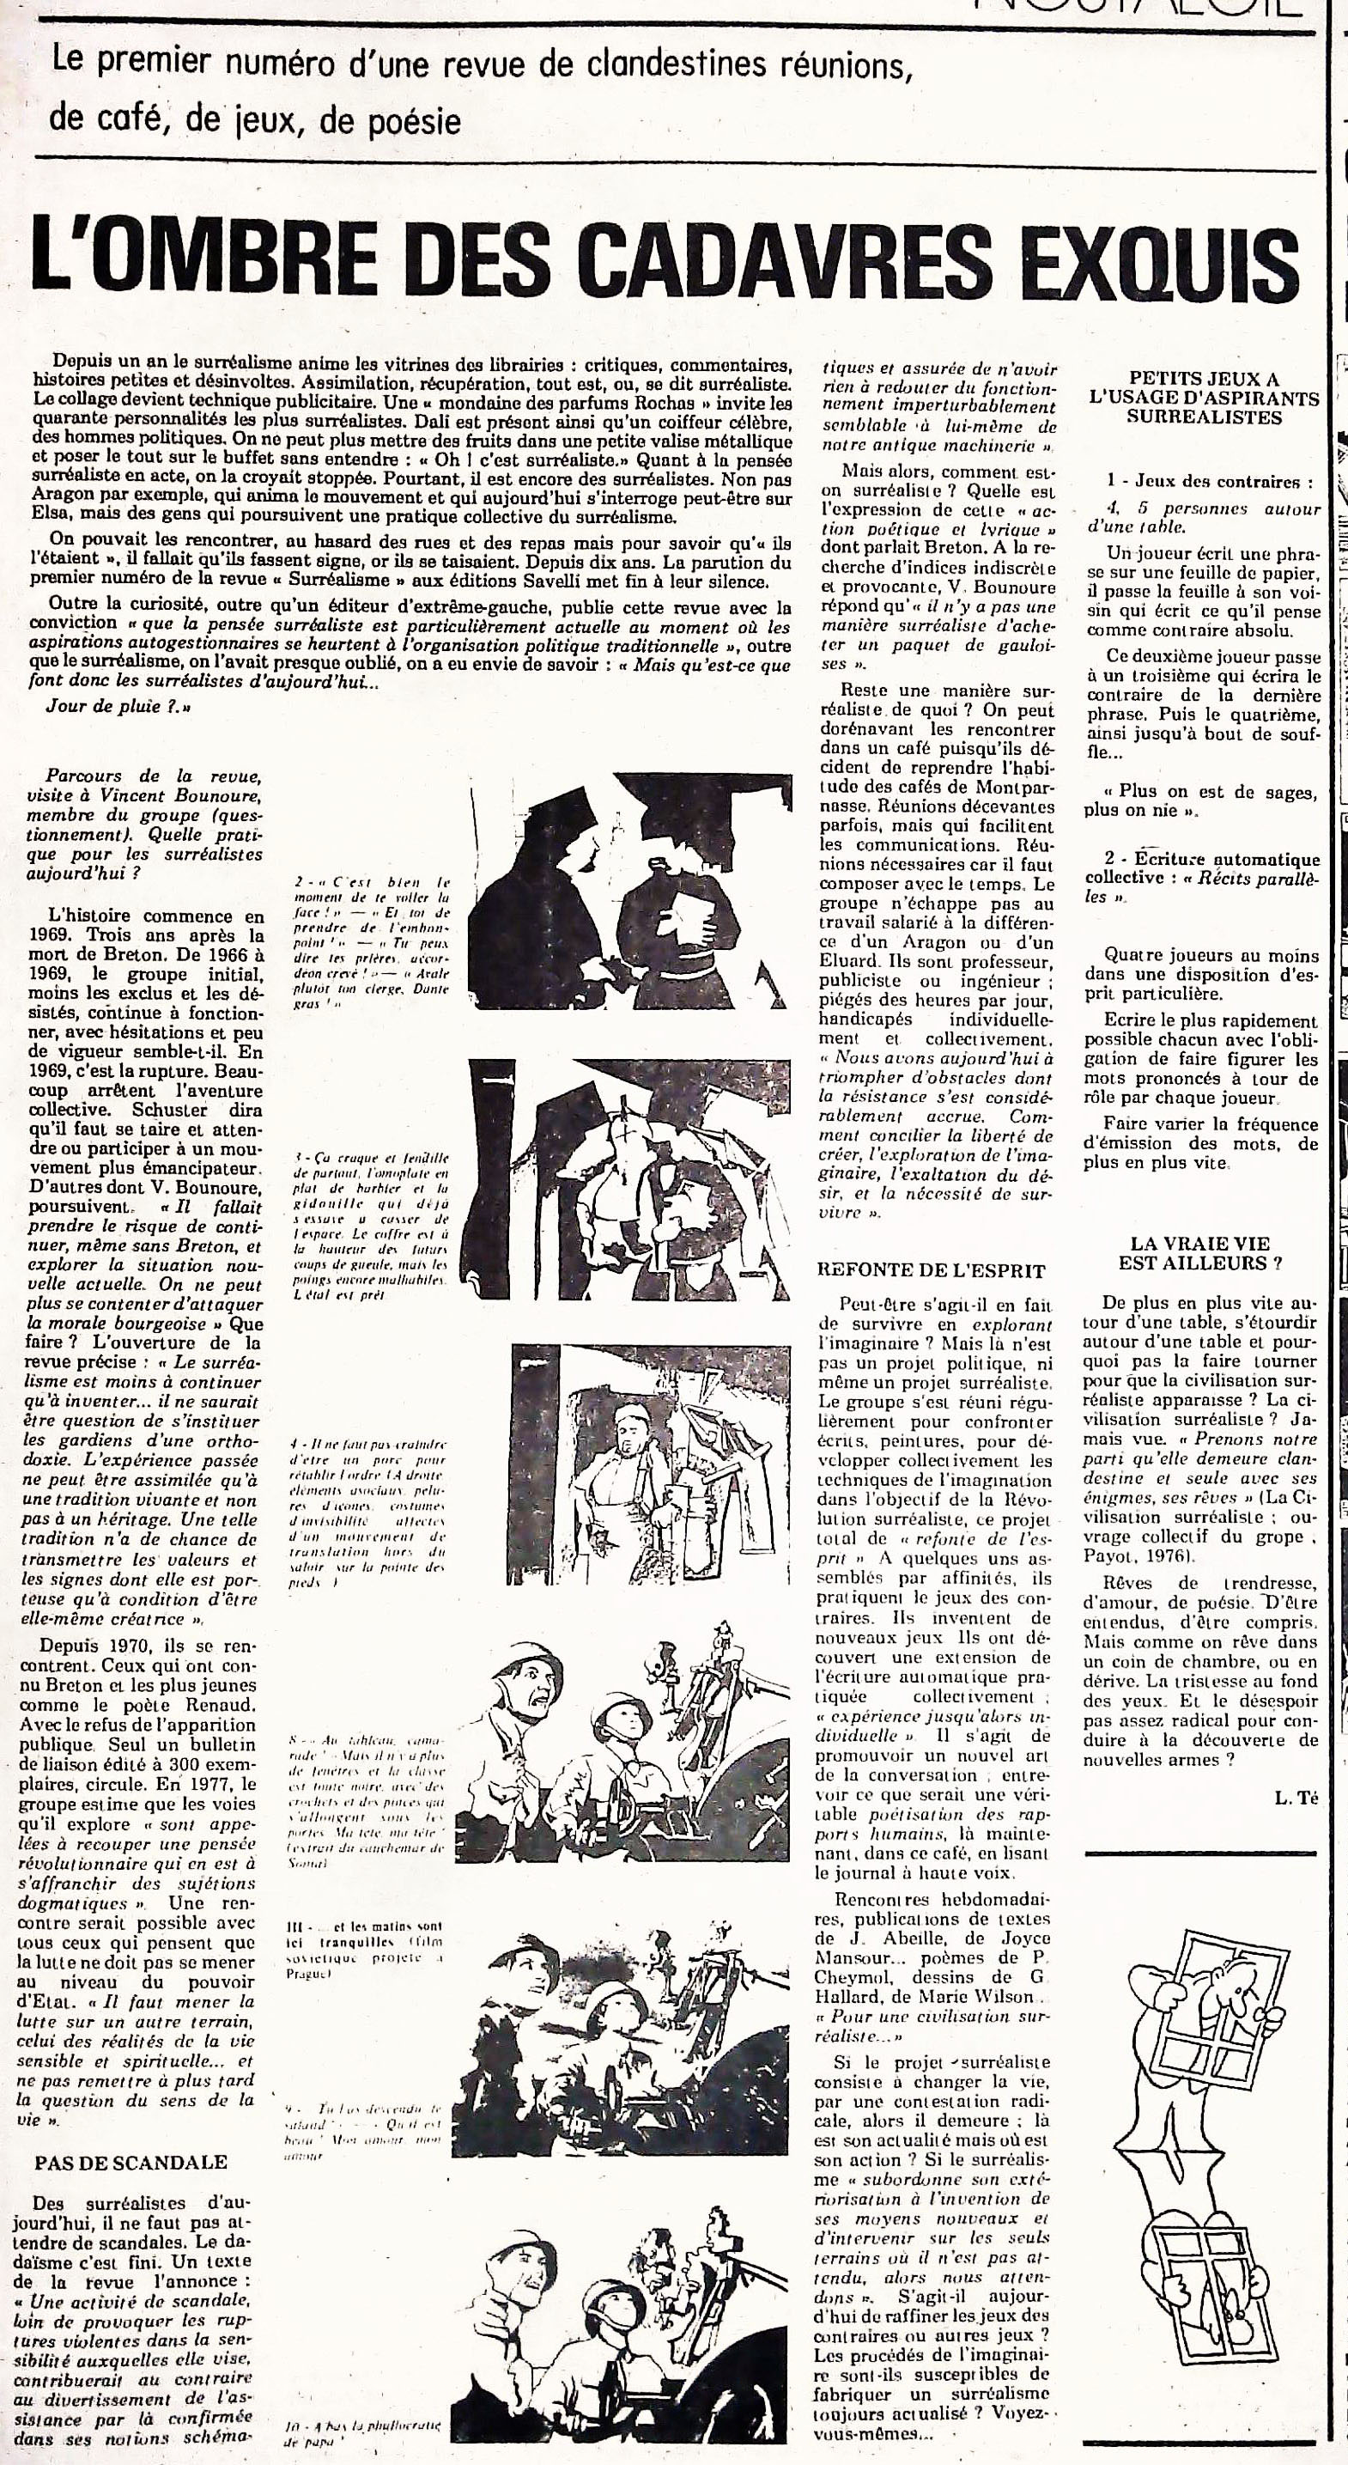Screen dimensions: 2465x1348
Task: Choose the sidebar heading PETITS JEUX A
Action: click(1203, 379)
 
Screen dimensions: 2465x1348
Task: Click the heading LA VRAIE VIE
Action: click(1199, 1243)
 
